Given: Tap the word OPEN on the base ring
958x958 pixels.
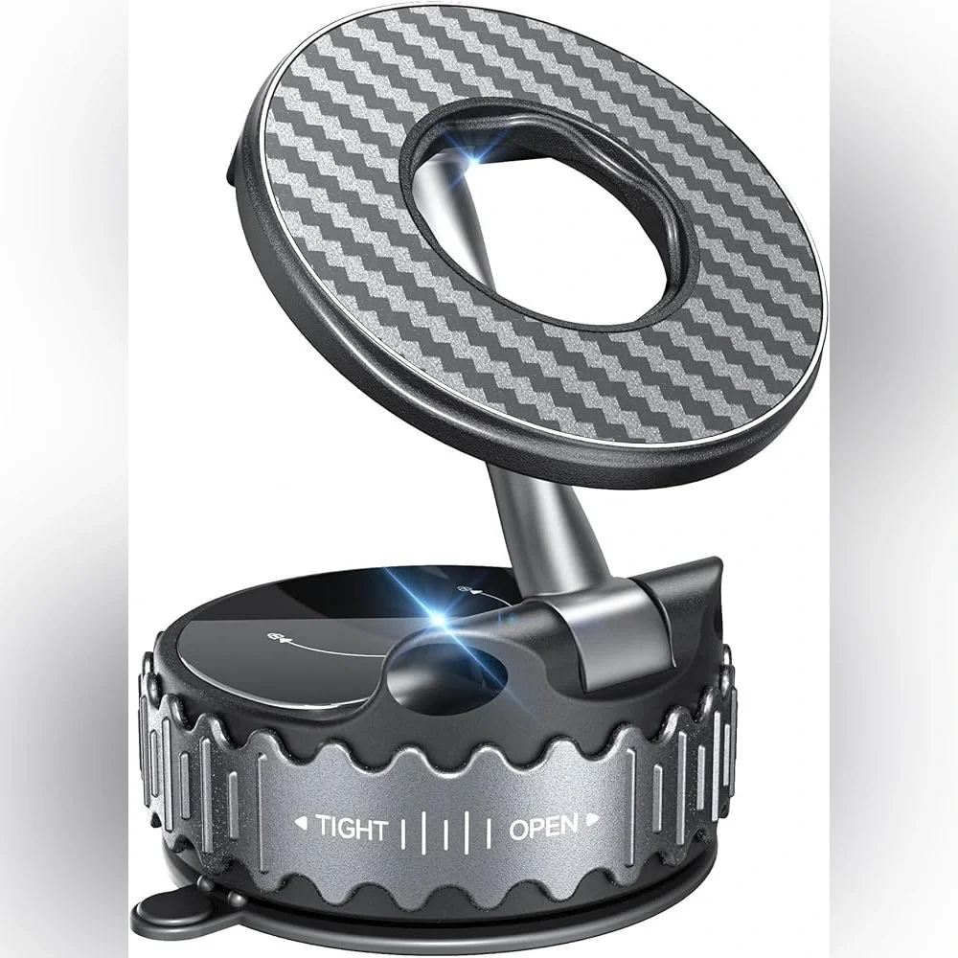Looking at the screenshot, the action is (543, 828).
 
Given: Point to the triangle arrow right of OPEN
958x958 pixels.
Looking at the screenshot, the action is (591, 821).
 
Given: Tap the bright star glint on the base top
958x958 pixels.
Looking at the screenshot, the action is (438, 618).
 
